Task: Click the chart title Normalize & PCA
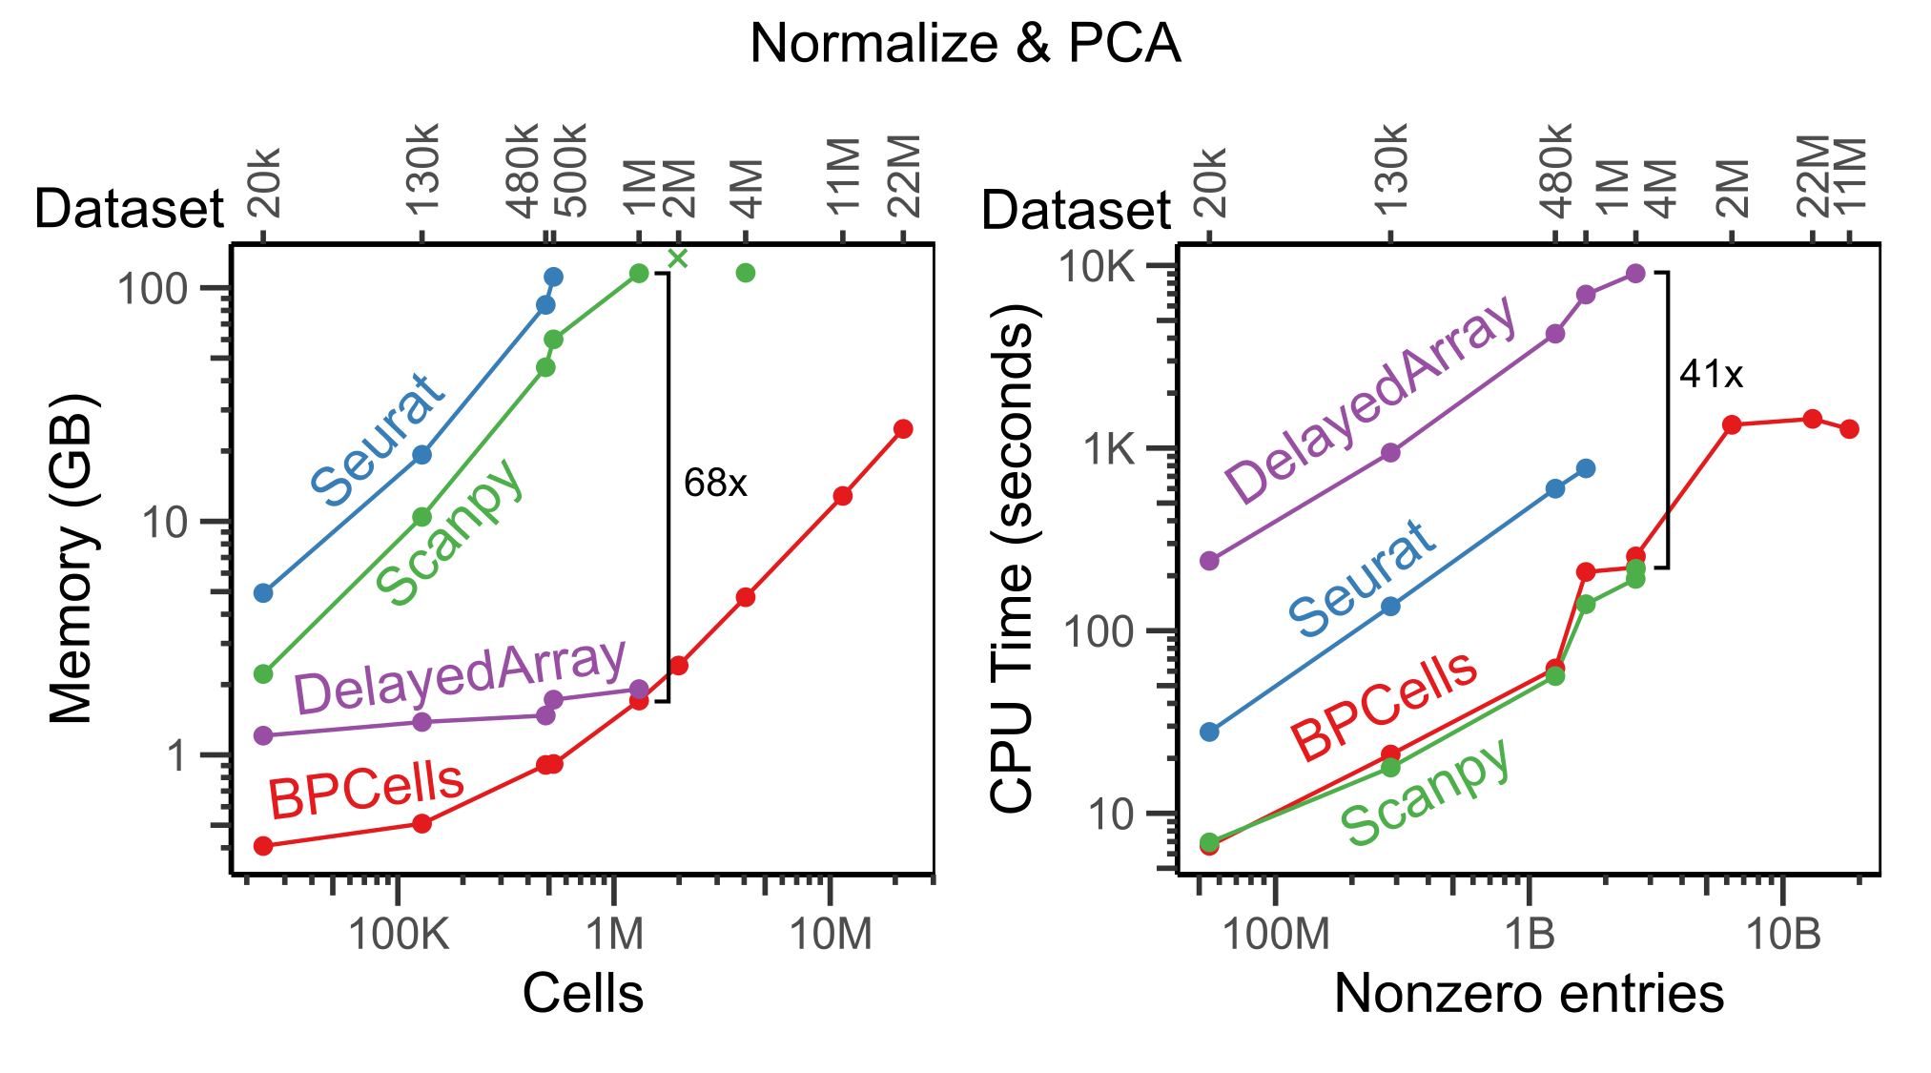tap(965, 44)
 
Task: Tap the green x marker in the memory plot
tap(677, 258)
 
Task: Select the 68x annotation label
tap(715, 484)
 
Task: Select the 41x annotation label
tap(1712, 375)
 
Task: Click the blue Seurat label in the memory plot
tap(378, 440)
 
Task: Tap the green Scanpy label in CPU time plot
tap(1427, 793)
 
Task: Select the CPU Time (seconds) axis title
tap(1012, 558)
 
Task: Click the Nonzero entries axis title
tap(1529, 994)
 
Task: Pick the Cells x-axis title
tap(583, 994)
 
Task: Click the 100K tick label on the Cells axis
tap(399, 934)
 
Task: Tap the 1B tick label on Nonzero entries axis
tap(1530, 934)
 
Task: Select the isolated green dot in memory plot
tap(746, 274)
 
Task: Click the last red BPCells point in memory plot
tap(903, 429)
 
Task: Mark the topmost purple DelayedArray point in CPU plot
tap(1635, 274)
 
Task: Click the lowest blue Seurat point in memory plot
tap(263, 593)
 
